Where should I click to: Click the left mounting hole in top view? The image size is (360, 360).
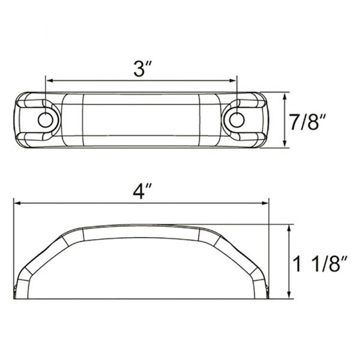pos(45,120)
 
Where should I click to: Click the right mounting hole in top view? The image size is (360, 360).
pos(237,120)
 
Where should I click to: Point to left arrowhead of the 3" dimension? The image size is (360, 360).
pos(50,81)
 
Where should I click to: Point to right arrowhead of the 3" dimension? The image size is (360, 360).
pos(233,81)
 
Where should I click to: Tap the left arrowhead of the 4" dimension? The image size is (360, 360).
pos(18,203)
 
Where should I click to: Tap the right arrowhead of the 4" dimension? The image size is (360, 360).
pos(264,203)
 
